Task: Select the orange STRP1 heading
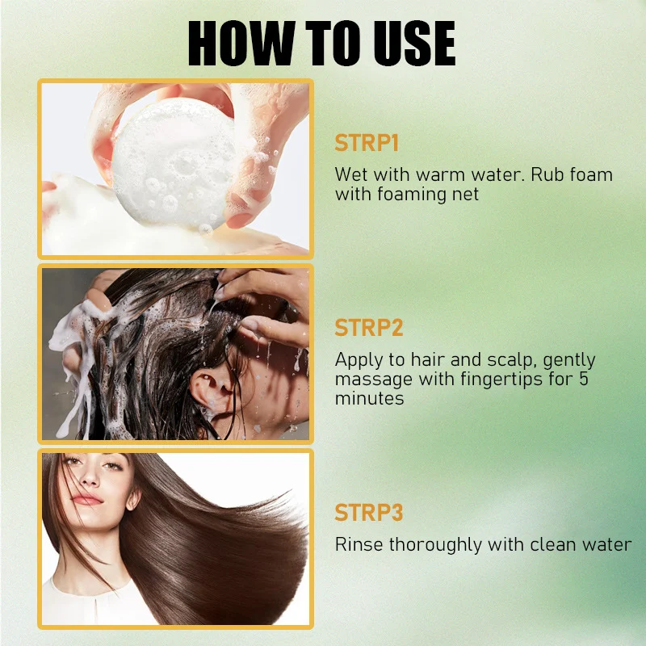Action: click(x=367, y=143)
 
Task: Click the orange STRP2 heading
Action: click(x=369, y=328)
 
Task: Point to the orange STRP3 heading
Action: click(x=369, y=513)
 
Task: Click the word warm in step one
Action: click(x=440, y=174)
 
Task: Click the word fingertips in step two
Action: click(x=501, y=380)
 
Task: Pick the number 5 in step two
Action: click(x=583, y=379)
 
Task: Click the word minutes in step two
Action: click(x=369, y=398)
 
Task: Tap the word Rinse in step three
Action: click(x=359, y=544)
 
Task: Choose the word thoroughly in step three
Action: click(x=435, y=546)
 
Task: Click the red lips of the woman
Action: click(x=86, y=499)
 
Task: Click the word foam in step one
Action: click(x=591, y=174)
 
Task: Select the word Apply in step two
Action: click(x=358, y=361)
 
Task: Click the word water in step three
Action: click(x=606, y=544)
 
